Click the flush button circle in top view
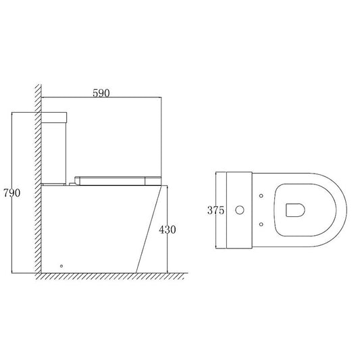pyautogui.click(x=238, y=210)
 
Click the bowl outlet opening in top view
pyautogui.click(x=294, y=210)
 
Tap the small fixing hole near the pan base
pyautogui.click(x=61, y=265)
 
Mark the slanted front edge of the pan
pyautogui.click(x=148, y=230)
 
